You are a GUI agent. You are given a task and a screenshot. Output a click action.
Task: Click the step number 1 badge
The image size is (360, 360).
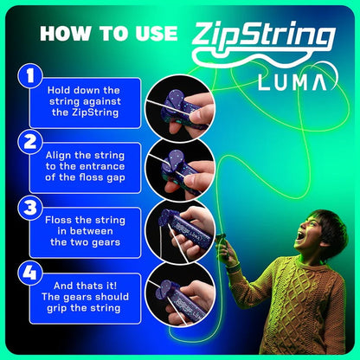pos(31,78)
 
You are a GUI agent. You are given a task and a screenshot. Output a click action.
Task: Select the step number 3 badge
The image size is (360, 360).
pos(31,208)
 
